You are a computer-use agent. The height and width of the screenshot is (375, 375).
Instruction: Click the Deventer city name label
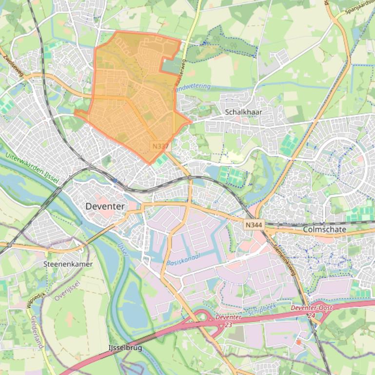click(105, 206)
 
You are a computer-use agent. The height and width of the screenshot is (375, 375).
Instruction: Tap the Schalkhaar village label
click(243, 112)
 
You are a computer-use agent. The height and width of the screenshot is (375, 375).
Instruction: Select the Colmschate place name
click(324, 229)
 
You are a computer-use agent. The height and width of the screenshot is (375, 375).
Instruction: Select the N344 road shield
click(254, 225)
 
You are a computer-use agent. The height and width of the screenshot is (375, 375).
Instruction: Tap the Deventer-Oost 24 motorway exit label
click(311, 311)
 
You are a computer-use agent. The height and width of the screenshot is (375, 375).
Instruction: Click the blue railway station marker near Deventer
click(115, 180)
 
